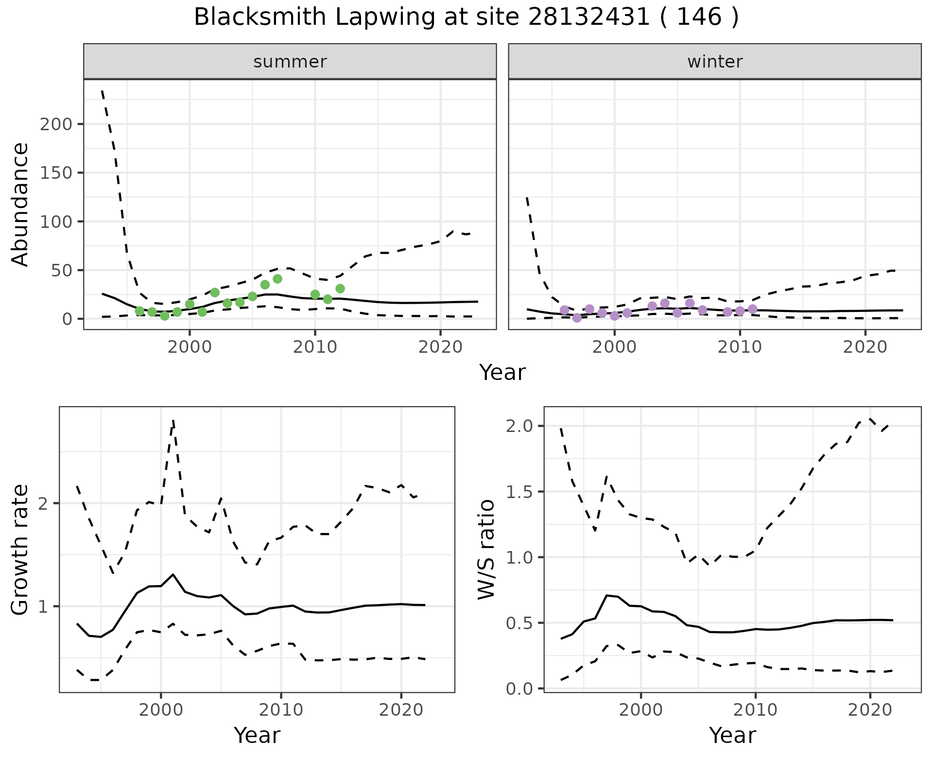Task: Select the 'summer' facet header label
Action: point(290,62)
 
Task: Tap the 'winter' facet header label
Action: point(714,62)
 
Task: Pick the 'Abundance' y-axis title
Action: point(20,204)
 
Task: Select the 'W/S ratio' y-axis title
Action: point(486,549)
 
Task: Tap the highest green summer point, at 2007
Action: point(277,279)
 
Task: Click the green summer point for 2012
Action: point(340,289)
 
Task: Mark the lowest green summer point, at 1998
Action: point(165,316)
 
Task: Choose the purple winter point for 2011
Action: point(752,309)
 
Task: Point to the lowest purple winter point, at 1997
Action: point(577,318)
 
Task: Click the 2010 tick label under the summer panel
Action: point(315,347)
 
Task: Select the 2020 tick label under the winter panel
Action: point(865,347)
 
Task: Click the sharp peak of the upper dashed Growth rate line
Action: point(173,421)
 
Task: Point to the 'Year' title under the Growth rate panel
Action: point(257,736)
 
